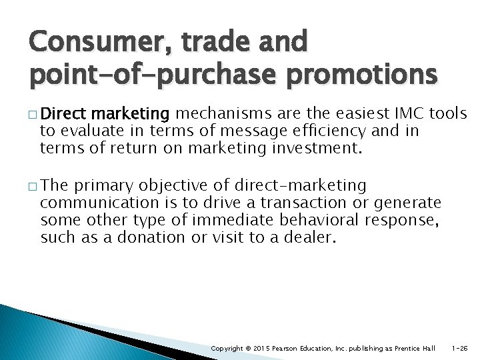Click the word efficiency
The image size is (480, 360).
[315, 131]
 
